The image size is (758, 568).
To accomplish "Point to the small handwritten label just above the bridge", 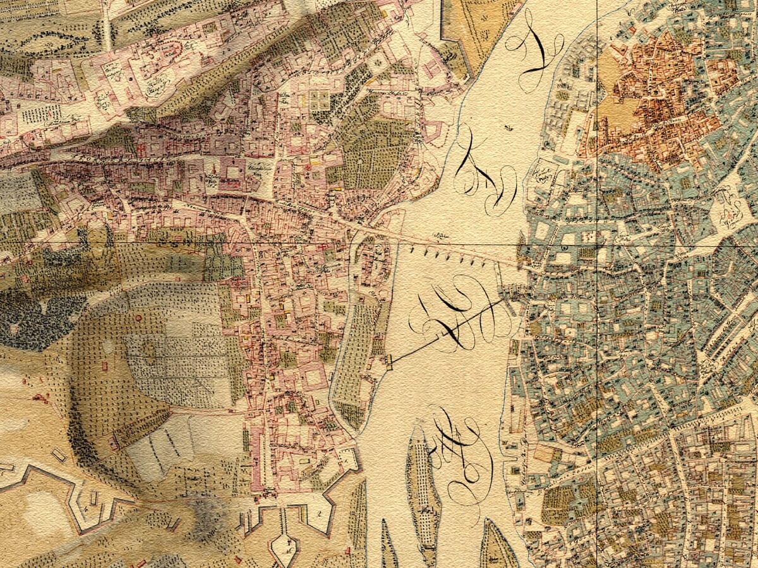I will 440,237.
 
